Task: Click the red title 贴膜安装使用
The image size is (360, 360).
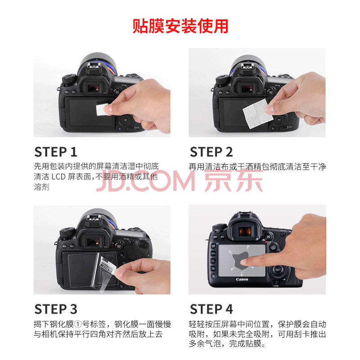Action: click(180, 26)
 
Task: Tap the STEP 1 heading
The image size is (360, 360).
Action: click(55, 152)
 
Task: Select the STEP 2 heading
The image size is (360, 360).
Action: click(211, 152)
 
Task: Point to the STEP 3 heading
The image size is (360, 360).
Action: click(56, 309)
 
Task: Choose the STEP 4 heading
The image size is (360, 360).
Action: click(211, 309)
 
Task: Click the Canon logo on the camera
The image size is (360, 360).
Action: click(242, 279)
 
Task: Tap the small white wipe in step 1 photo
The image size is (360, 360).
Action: click(102, 109)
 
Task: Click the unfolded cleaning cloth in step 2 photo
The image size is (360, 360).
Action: click(258, 114)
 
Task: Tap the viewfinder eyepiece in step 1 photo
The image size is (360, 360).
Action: click(94, 87)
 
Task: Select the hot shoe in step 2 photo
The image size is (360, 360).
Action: click(246, 67)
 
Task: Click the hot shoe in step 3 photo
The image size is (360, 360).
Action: click(93, 219)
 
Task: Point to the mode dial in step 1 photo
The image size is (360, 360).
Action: click(69, 78)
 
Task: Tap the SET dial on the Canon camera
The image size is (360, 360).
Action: click(278, 270)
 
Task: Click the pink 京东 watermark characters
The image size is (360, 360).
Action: click(234, 180)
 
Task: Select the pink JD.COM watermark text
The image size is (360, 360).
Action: click(145, 181)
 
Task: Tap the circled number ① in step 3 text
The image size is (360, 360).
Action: click(78, 324)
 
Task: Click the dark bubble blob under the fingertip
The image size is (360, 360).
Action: click(240, 260)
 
